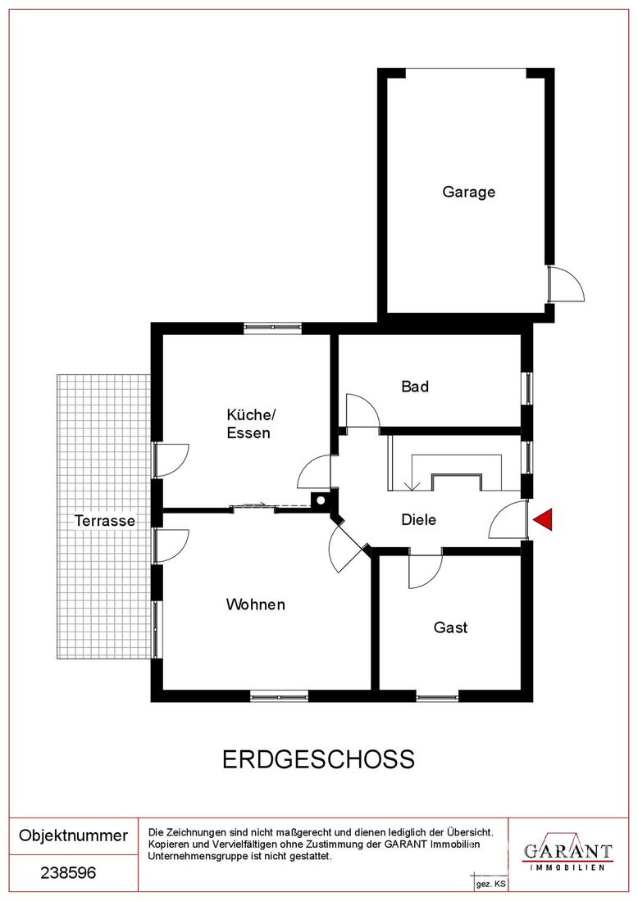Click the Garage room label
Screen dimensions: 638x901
pos(468,192)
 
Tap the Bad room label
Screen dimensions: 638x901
pos(415,386)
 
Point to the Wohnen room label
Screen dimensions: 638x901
pos(255,604)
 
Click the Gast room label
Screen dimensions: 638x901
pos(450,627)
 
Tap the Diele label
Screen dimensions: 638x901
pos(418,520)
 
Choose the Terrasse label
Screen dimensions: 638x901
pos(105,521)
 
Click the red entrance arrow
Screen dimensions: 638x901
pos(543,519)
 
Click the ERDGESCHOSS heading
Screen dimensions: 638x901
pos(318,759)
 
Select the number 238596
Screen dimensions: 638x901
pos(68,873)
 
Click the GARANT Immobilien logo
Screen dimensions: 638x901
pos(567,856)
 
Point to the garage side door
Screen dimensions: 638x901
pos(566,283)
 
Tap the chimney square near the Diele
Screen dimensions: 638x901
pos(319,500)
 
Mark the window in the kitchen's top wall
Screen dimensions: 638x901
pos(273,328)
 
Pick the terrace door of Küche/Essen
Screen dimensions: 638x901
pos(171,460)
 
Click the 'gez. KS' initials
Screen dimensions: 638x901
pos(490,885)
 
